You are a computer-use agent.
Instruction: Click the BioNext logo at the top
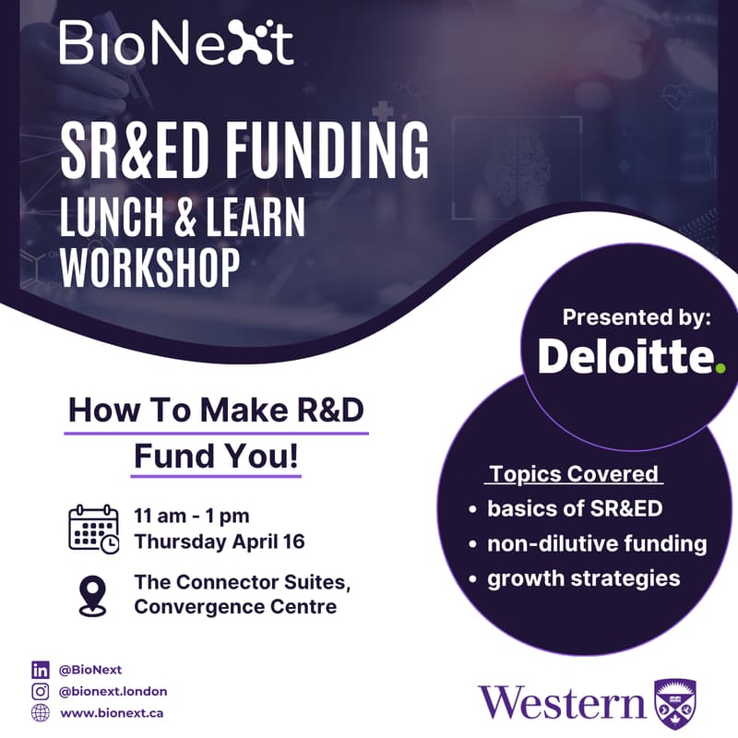pyautogui.click(x=176, y=42)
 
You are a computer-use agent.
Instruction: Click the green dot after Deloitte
pyautogui.click(x=720, y=368)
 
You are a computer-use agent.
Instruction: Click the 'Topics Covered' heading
pyautogui.click(x=575, y=474)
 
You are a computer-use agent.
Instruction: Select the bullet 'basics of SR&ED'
pyautogui.click(x=575, y=508)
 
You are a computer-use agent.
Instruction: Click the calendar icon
pyautogui.click(x=93, y=530)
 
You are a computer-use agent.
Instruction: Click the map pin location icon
pyautogui.click(x=92, y=594)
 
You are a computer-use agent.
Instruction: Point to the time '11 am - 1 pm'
pyautogui.click(x=191, y=517)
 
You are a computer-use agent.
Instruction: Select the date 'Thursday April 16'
pyautogui.click(x=219, y=542)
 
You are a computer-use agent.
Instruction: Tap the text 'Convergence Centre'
pyautogui.click(x=235, y=606)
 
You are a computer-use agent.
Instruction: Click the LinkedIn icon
pyautogui.click(x=40, y=670)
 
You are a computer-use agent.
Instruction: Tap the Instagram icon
pyautogui.click(x=40, y=691)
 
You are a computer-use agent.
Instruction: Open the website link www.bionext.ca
pyautogui.click(x=113, y=713)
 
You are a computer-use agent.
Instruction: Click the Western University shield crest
pyautogui.click(x=675, y=704)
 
